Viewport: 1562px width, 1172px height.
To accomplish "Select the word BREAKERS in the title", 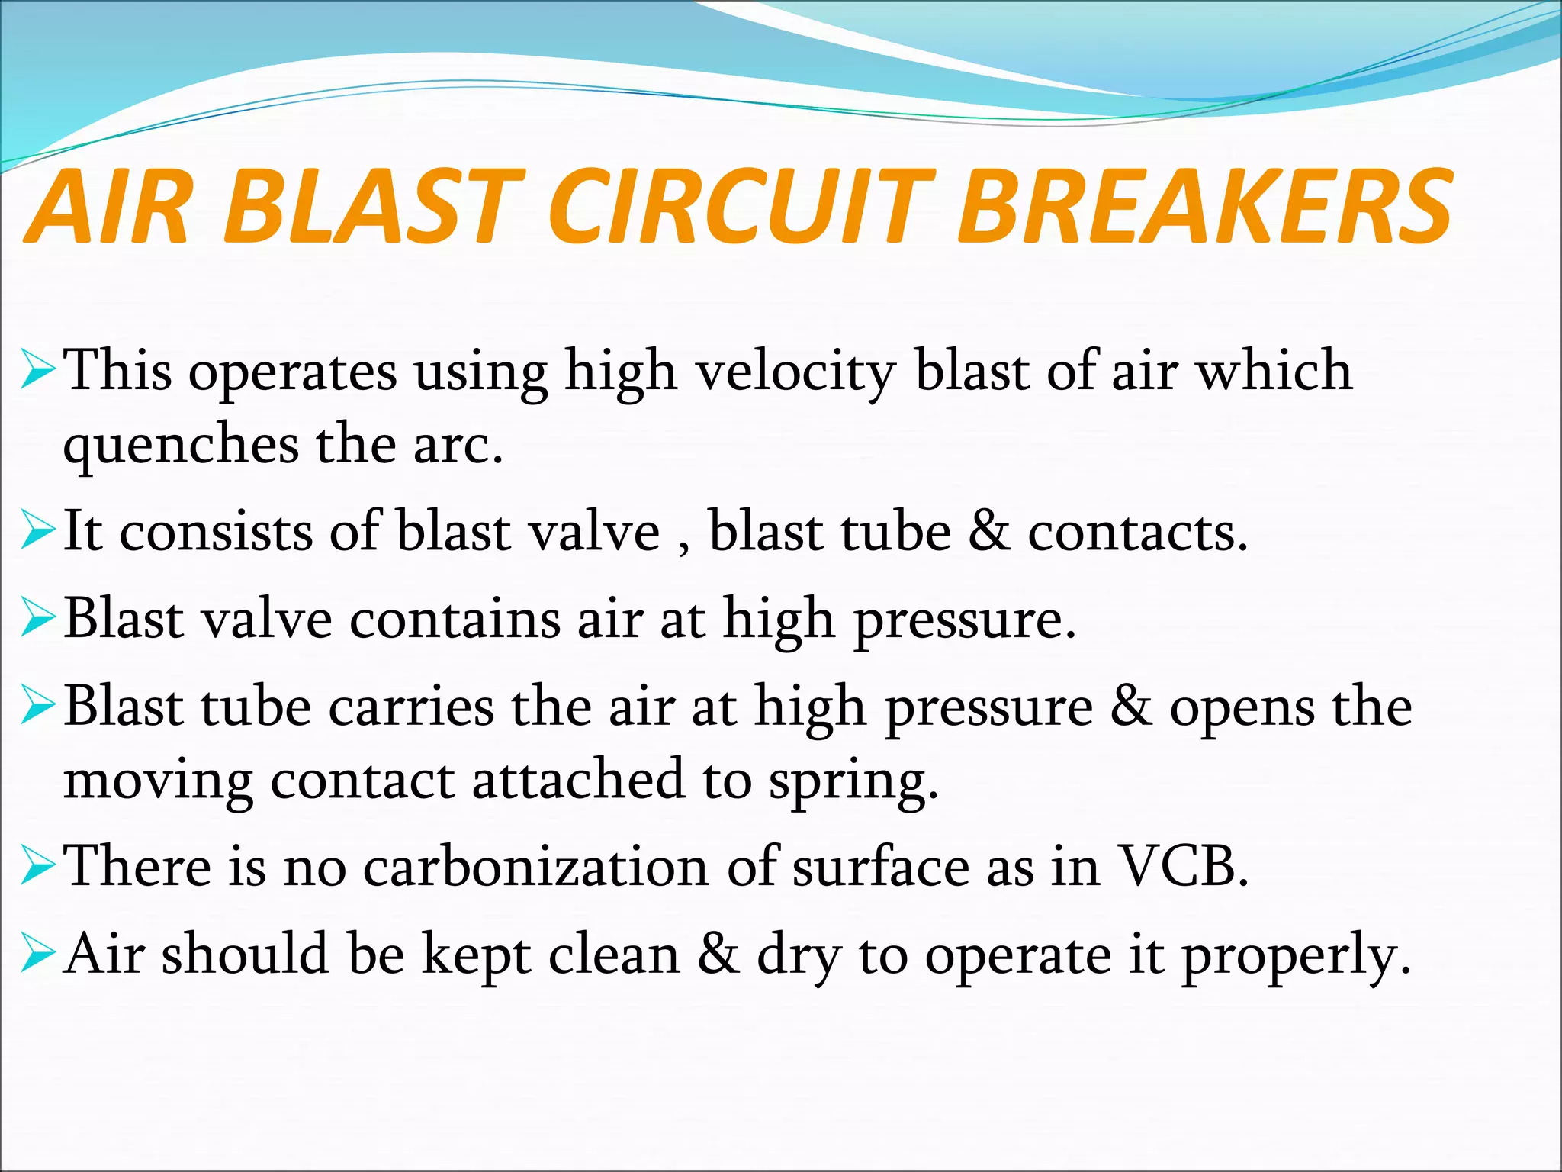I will click(x=1205, y=209).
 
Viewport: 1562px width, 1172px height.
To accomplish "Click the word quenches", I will click(x=181, y=446).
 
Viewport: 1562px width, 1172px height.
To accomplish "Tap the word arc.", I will click(x=458, y=446).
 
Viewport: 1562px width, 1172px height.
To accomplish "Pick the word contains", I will click(x=455, y=620).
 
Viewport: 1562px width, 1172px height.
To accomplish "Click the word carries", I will click(x=411, y=707).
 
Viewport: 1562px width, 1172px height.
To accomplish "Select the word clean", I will click(x=614, y=955).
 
